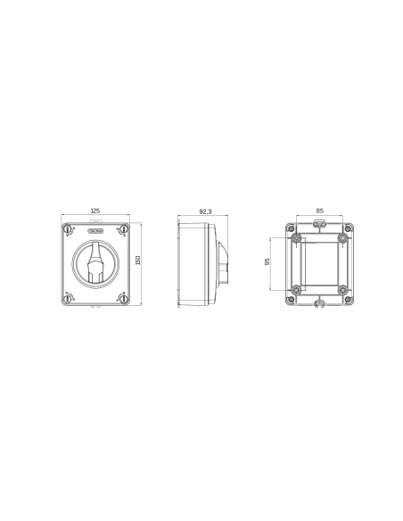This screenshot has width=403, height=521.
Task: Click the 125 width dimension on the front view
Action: pos(95,211)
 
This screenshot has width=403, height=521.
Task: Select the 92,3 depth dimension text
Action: pos(205,211)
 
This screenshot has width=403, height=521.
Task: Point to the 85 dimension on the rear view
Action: pos(319,211)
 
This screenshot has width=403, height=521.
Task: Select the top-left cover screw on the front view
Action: pos(68,231)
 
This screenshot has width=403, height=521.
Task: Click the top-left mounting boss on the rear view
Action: pos(296,239)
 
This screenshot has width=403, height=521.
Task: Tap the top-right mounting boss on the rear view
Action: pos(342,239)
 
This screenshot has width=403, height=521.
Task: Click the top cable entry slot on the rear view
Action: pos(319,223)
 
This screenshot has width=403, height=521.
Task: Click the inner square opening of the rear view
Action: pos(319,263)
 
